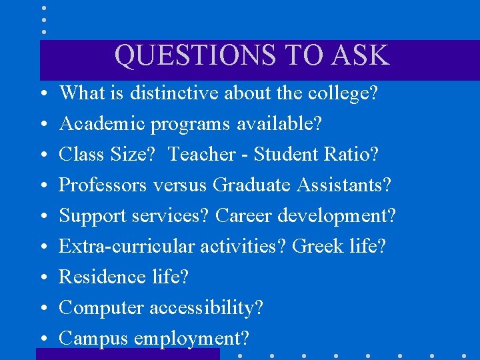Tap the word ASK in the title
point(363,55)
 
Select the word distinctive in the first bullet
point(175,93)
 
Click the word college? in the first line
point(343,93)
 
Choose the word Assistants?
point(343,185)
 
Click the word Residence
point(102,277)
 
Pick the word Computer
point(101,308)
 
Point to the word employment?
point(191,339)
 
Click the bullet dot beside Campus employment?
point(43,339)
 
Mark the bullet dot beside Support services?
point(43,216)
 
